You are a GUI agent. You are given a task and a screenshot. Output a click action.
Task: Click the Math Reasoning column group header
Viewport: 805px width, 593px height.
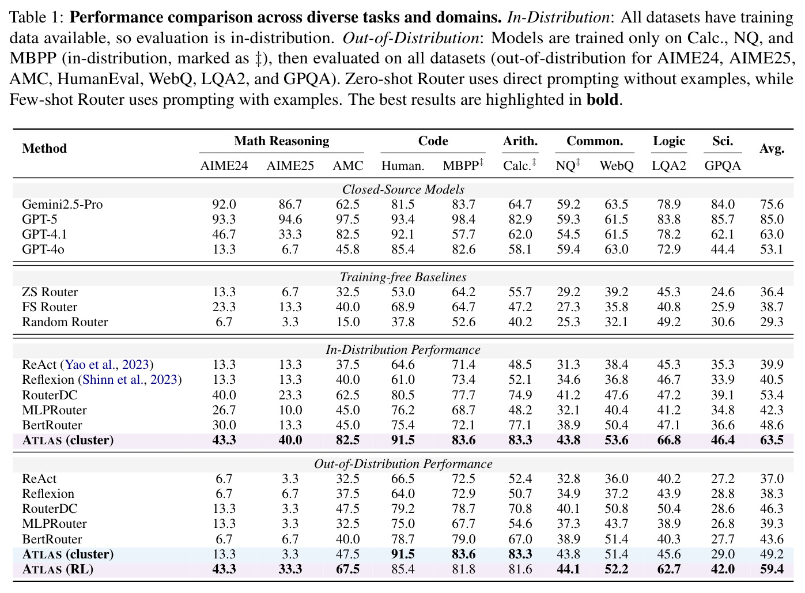pos(281,141)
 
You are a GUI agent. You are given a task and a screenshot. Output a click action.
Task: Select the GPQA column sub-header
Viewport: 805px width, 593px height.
pos(723,165)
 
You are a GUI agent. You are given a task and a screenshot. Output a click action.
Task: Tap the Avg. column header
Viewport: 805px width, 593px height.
pos(772,149)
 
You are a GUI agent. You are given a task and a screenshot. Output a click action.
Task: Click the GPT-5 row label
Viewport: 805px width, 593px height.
pos(40,219)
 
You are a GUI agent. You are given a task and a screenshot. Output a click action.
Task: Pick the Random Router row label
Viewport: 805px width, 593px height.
pos(65,322)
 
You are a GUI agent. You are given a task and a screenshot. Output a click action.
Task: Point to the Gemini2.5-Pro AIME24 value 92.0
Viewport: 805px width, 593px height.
pos(224,204)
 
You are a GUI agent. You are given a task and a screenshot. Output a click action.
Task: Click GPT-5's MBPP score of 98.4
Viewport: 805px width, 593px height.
pos(464,219)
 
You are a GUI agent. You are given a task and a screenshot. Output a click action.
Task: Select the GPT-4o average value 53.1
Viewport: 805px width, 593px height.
pos(772,249)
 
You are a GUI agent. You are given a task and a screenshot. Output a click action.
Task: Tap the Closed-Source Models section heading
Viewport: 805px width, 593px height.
pos(403,190)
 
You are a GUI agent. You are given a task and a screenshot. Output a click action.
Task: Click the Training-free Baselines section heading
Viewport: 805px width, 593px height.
pos(403,277)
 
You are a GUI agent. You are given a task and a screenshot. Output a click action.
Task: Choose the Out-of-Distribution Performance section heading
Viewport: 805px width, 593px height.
pos(403,463)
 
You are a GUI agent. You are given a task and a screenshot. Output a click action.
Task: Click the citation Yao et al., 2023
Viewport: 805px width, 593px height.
pos(107,364)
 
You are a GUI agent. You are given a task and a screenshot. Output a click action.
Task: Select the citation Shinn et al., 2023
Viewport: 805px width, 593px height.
pos(130,380)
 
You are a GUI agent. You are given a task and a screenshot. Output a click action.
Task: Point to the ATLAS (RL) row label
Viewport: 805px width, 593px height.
pos(58,569)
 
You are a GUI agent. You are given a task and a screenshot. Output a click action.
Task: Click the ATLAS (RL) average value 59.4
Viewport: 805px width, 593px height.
pos(772,569)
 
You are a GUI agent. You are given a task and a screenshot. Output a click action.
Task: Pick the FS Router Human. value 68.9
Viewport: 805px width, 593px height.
pos(403,307)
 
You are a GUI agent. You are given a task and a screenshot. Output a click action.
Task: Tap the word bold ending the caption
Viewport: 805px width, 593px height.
pos(602,99)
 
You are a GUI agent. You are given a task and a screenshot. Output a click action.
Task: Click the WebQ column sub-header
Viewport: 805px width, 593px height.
pos(617,165)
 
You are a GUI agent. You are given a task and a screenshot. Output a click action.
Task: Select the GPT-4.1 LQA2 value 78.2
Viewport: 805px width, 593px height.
pos(669,234)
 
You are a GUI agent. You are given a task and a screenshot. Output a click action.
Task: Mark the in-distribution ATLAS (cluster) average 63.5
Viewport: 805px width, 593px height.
pos(772,440)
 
